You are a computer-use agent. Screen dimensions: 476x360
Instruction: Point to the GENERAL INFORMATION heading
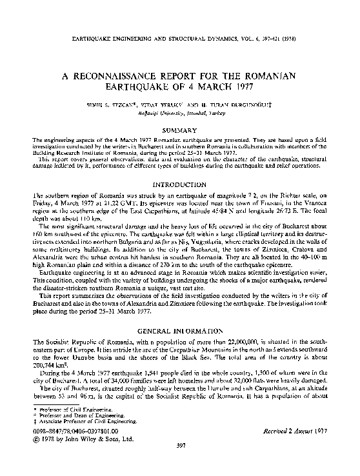pyautogui.click(x=180, y=331)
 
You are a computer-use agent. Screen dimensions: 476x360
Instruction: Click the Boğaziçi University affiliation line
pyautogui.click(x=180, y=111)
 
